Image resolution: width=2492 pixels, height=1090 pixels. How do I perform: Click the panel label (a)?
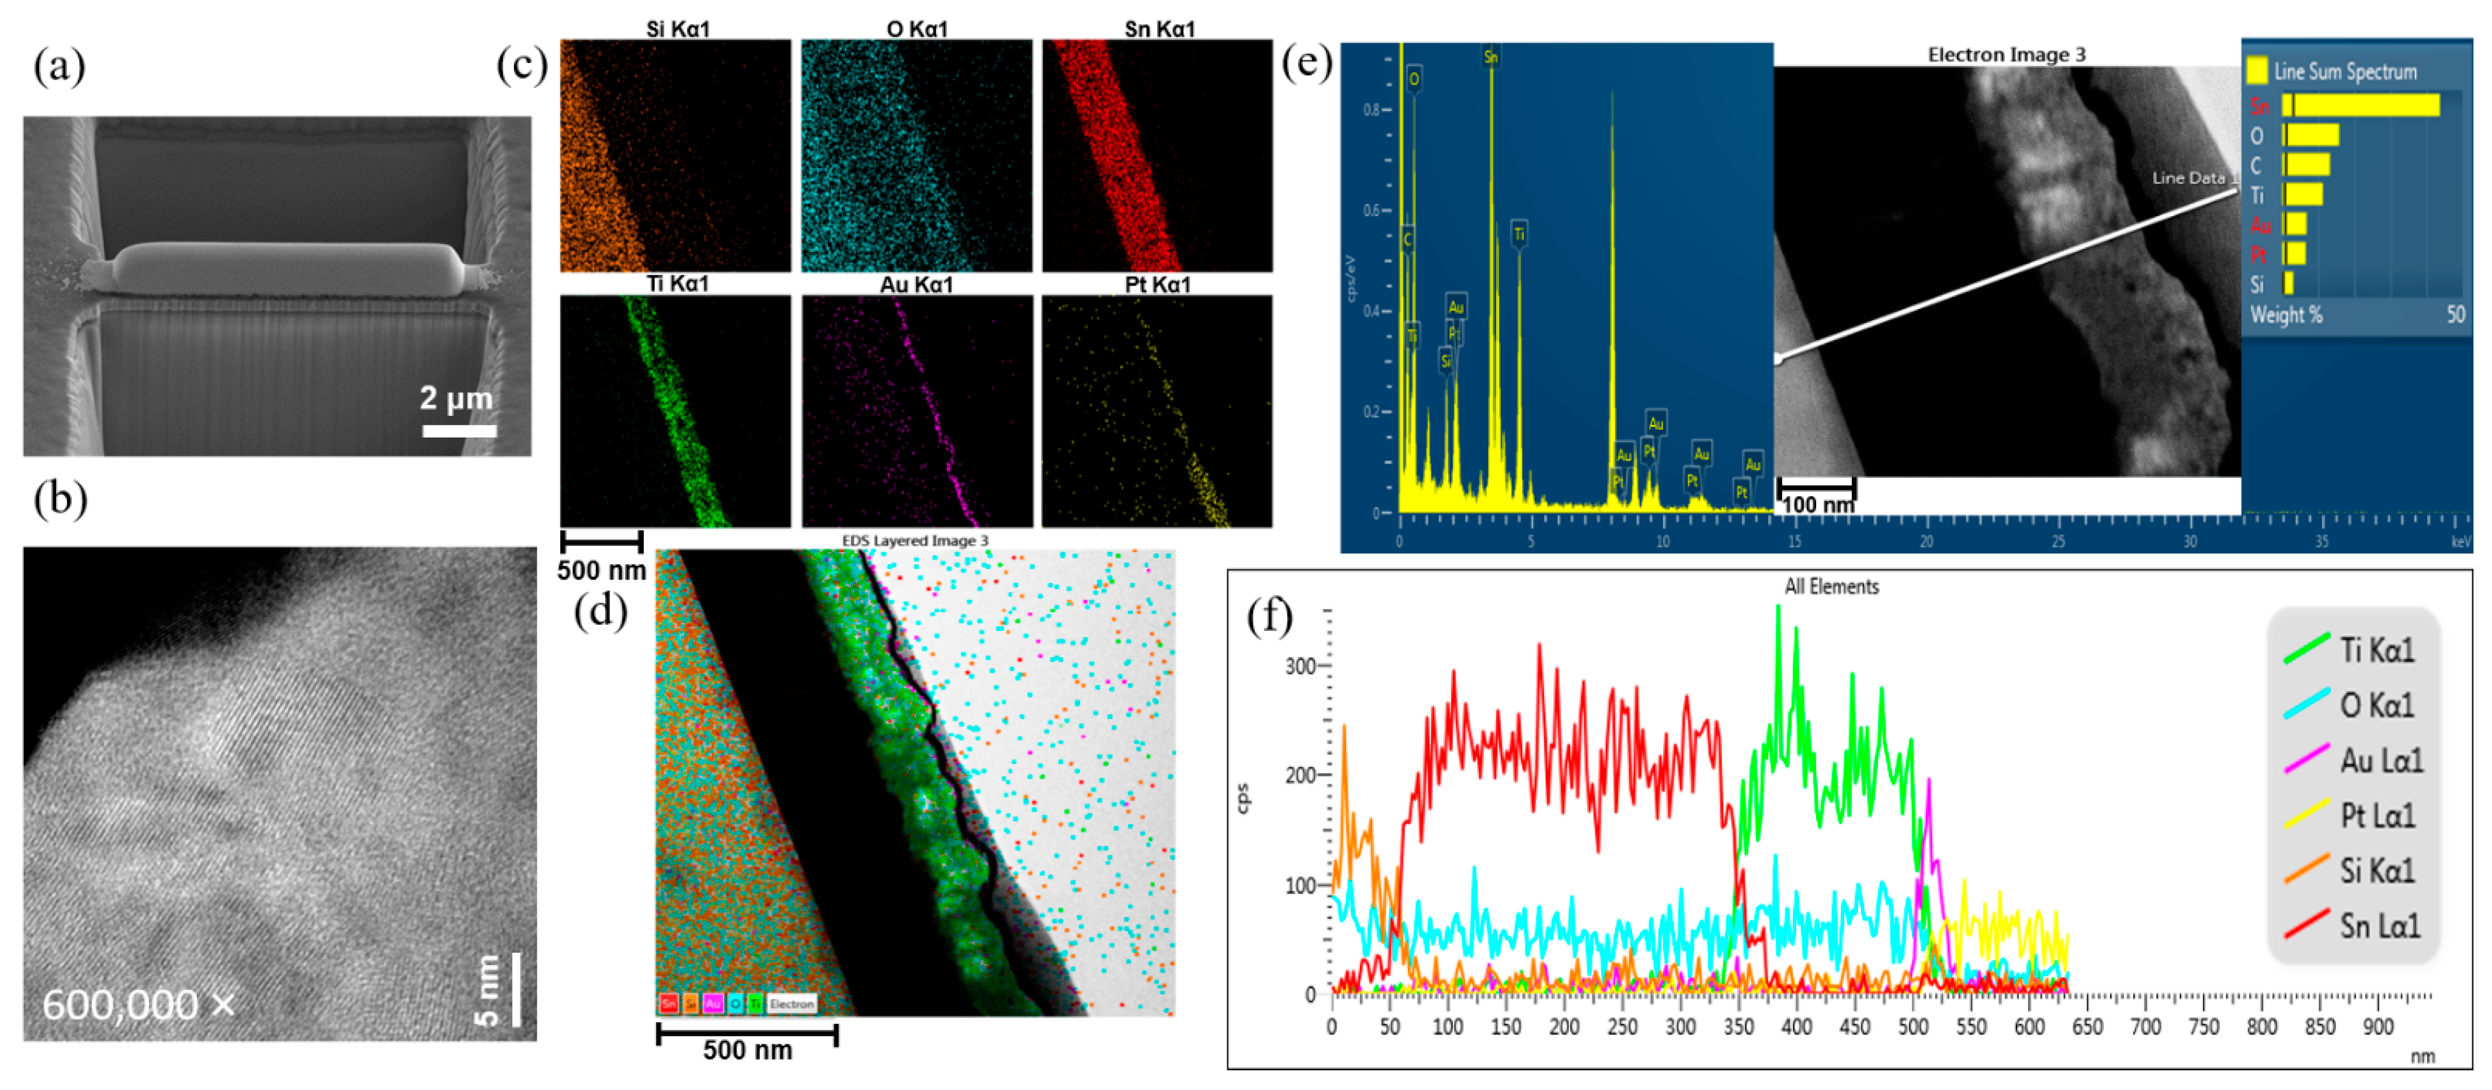pyautogui.click(x=59, y=67)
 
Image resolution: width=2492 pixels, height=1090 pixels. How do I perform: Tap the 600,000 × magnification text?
pyautogui.click(x=138, y=1005)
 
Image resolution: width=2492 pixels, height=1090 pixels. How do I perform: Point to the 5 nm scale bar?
pyautogui.click(x=516, y=990)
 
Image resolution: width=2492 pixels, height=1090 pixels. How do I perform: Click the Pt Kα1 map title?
pyautogui.click(x=1157, y=284)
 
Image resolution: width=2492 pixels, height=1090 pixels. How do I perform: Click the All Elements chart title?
pyautogui.click(x=1831, y=586)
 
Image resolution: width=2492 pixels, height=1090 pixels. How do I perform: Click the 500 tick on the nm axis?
pyautogui.click(x=1913, y=1027)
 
